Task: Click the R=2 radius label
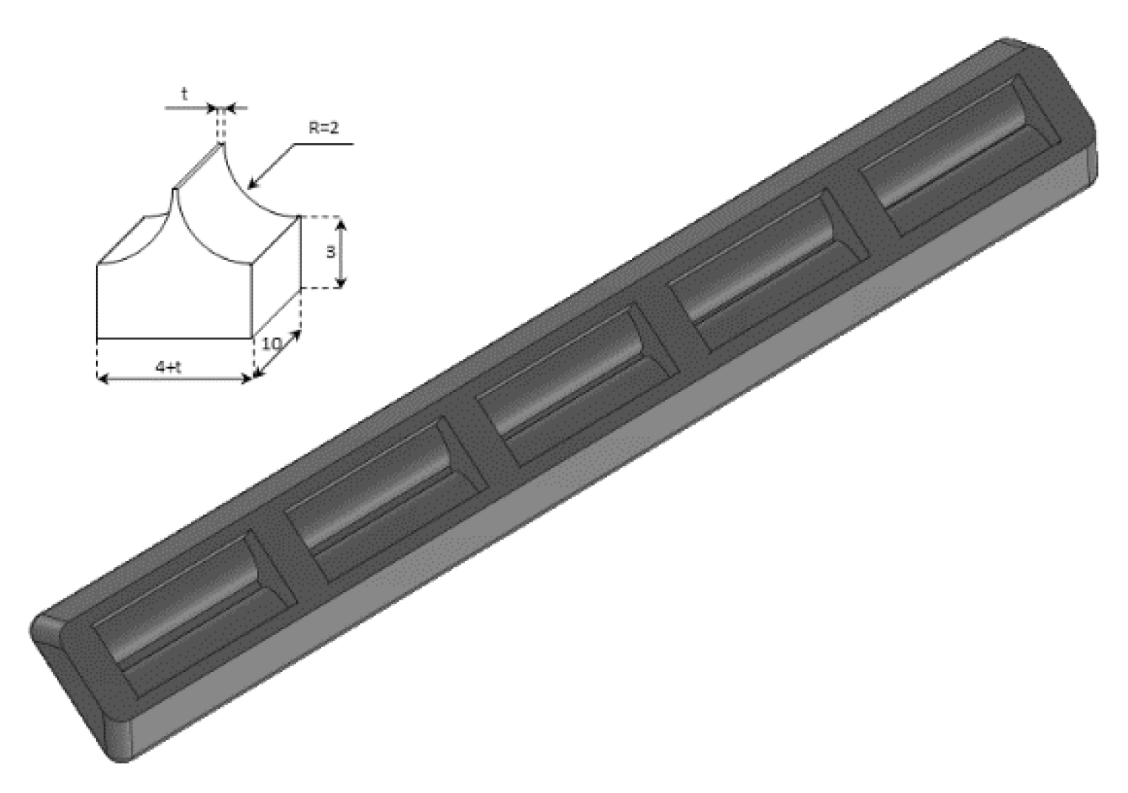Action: [324, 128]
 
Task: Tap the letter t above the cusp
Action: [185, 95]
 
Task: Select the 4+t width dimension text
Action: [168, 367]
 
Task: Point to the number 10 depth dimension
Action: [272, 344]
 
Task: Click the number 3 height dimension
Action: [330, 252]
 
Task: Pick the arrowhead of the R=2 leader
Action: [253, 184]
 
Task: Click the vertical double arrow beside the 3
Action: [341, 253]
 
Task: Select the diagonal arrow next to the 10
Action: [276, 354]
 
